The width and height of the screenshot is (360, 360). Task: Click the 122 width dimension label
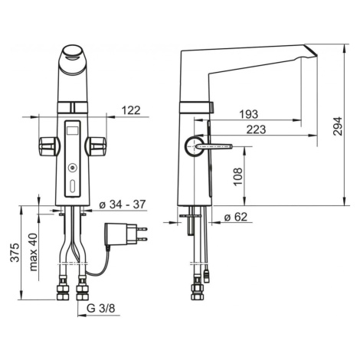tap(131, 110)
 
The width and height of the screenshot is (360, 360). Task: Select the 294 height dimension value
tap(338, 126)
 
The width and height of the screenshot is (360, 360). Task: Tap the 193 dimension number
tap(248, 114)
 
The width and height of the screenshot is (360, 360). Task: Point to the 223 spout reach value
tap(256, 129)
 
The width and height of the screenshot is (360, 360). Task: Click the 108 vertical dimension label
tap(237, 176)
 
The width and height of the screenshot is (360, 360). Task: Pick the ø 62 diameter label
tap(236, 217)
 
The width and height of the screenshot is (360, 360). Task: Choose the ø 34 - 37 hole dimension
tap(123, 205)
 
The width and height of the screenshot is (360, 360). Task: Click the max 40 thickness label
tap(33, 252)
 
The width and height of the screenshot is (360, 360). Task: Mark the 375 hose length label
tap(15, 253)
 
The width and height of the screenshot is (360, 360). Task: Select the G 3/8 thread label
tap(101, 309)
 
